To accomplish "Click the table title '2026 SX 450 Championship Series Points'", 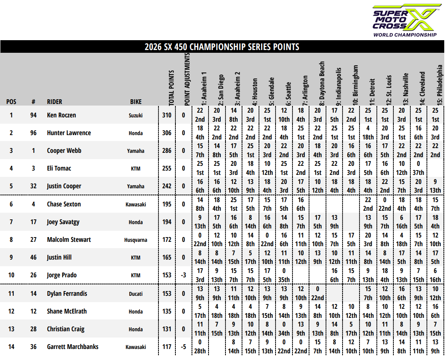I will (222, 47).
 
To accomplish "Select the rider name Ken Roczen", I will (61, 115).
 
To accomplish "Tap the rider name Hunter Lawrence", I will (69, 133).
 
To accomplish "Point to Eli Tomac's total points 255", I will (167, 168).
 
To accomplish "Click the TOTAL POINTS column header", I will (171, 88).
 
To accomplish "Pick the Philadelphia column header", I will (440, 85).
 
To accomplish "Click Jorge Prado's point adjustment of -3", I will (183, 275).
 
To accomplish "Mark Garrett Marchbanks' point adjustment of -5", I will (183, 347).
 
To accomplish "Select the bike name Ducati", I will (136, 293).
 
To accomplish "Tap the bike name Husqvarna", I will (136, 240).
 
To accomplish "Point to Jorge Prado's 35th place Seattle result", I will (284, 280).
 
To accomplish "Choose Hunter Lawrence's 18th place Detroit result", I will (368, 137).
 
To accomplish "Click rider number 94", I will (34, 115).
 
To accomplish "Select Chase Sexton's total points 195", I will (167, 204).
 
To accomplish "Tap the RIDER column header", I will (54, 102).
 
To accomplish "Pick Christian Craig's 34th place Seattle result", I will (284, 333).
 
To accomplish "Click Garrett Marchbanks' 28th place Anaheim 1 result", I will (200, 351).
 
